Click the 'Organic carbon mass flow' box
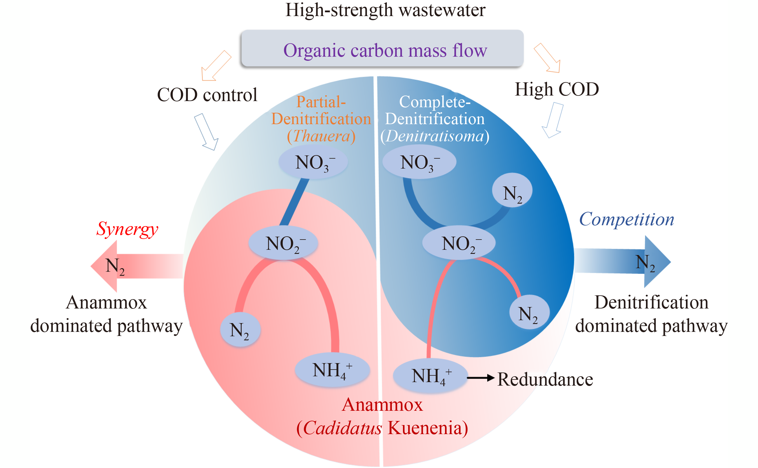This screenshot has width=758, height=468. (382, 48)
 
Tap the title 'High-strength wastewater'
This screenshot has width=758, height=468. (385, 10)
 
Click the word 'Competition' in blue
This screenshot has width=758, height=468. (626, 219)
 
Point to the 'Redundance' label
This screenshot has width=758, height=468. (545, 379)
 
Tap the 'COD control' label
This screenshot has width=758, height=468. (207, 95)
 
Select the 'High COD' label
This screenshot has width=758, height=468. (557, 89)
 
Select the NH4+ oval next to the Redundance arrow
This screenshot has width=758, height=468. (430, 376)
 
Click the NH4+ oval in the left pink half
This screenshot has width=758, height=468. (332, 370)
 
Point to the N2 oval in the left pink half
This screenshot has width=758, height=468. (240, 330)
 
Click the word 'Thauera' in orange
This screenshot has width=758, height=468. (322, 136)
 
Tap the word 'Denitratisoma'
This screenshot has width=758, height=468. (435, 136)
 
